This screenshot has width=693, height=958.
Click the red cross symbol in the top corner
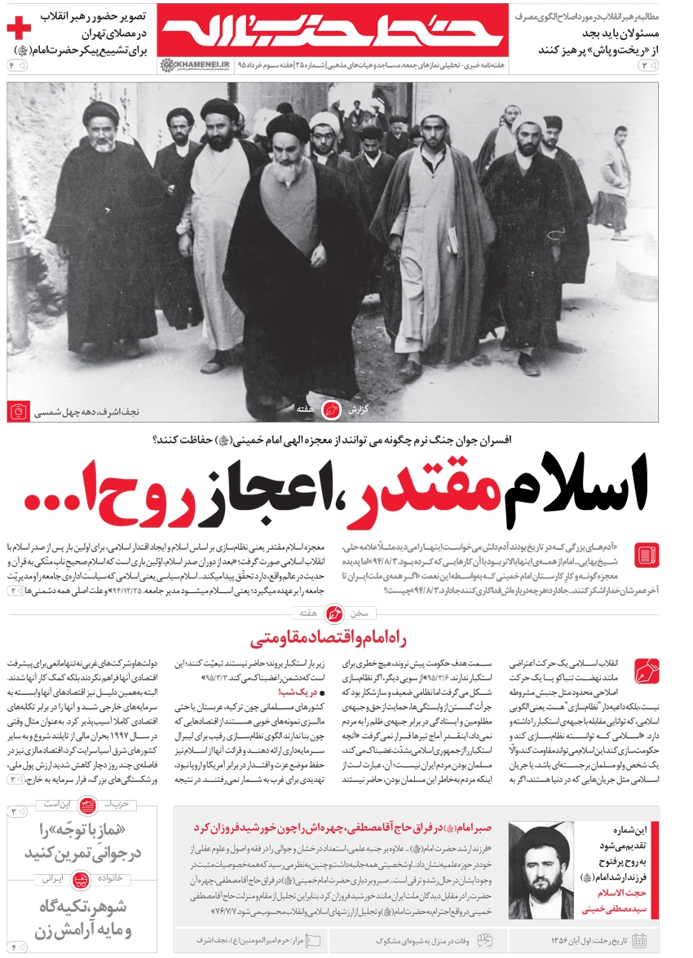coord(17,29)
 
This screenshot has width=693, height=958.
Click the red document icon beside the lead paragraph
coord(646,555)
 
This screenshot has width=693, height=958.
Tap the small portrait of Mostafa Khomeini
coord(540,870)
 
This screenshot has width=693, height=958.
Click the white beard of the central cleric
coord(287,171)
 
